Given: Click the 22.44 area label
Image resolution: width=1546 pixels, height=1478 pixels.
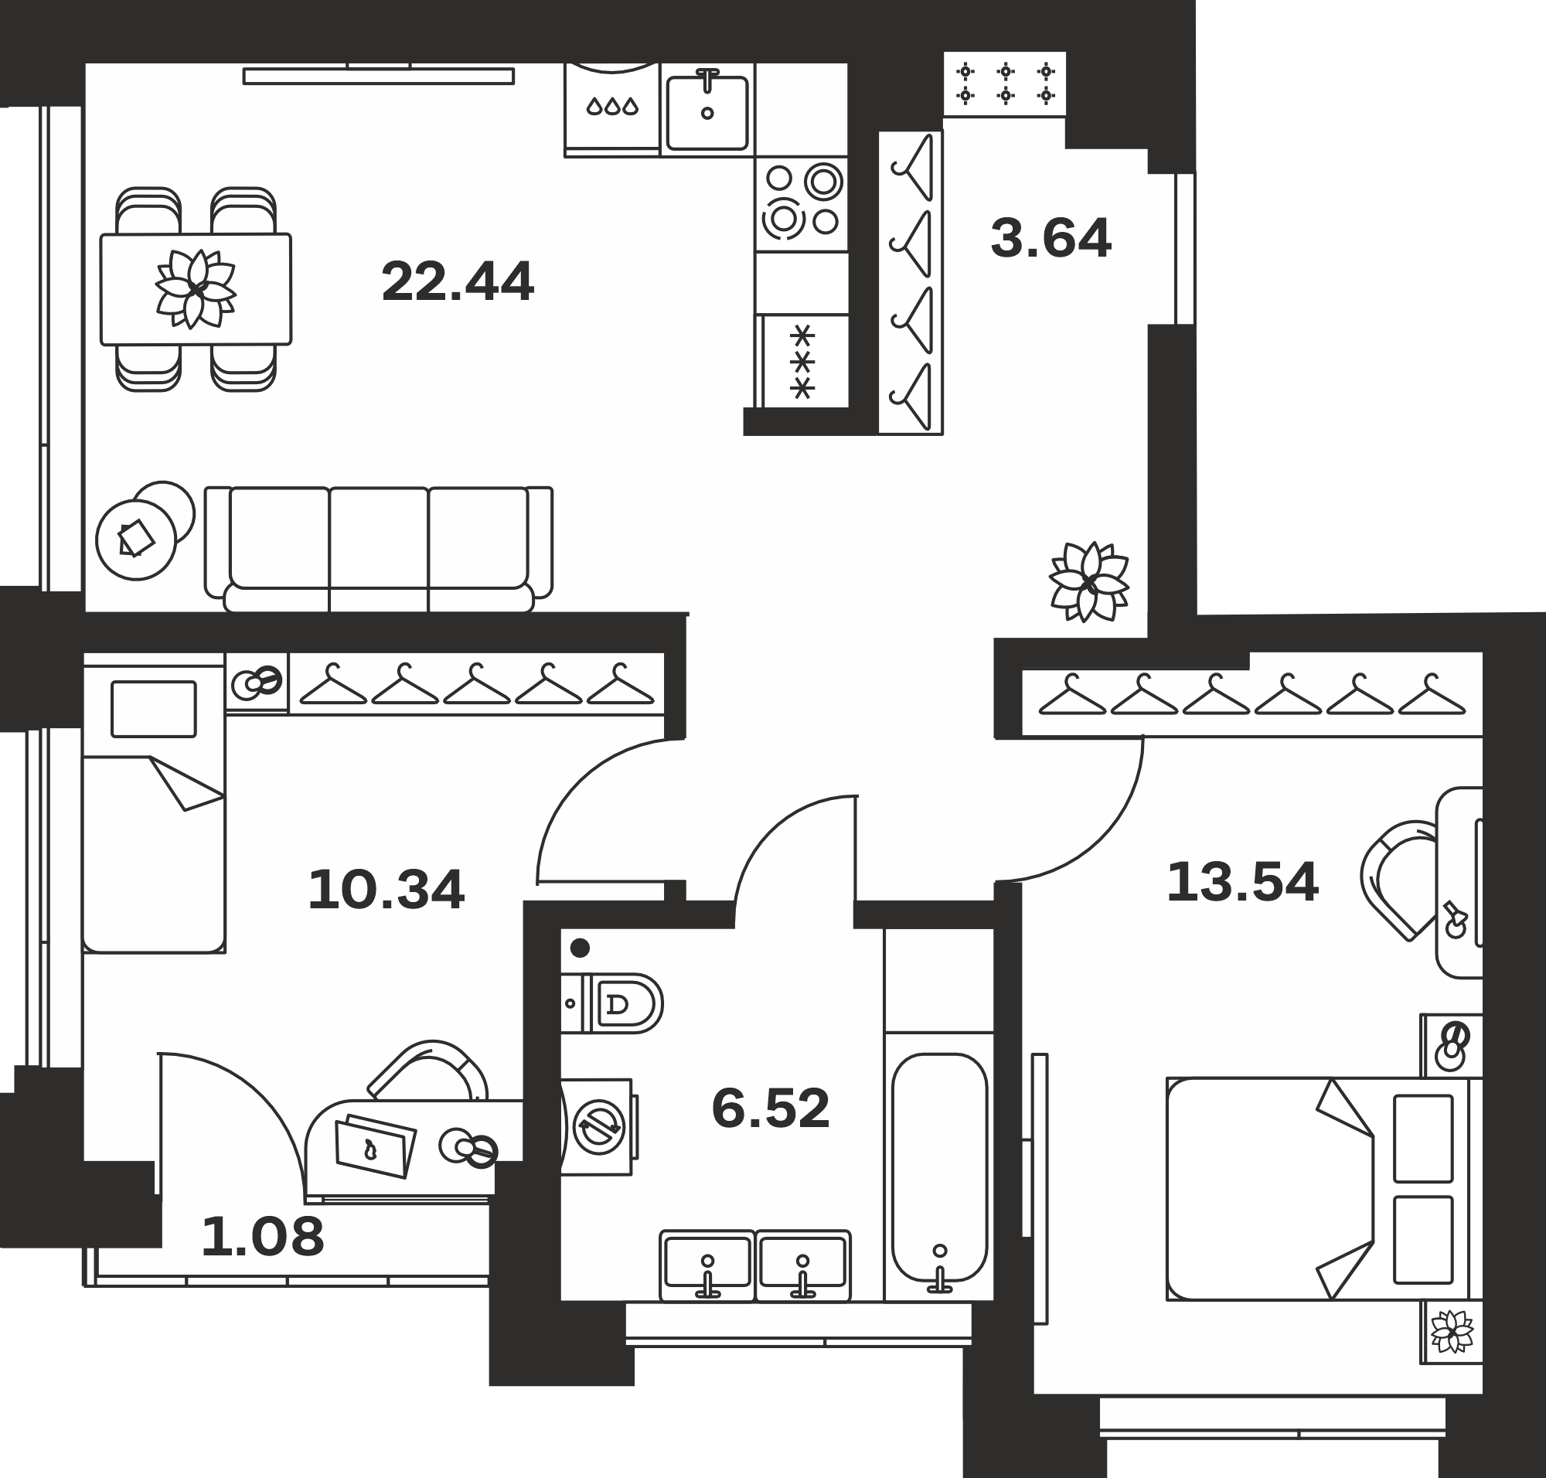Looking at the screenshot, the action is [x=458, y=282].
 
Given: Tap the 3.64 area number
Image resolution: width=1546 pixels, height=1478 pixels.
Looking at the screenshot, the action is [x=1051, y=239].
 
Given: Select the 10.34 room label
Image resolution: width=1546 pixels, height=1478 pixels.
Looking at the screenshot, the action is [x=386, y=891].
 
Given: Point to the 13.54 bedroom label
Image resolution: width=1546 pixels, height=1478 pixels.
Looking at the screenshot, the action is [x=1243, y=882].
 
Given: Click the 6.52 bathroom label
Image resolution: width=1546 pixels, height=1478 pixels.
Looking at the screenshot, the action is [x=771, y=1108].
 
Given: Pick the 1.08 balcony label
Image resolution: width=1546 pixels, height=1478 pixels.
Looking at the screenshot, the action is [x=262, y=1236].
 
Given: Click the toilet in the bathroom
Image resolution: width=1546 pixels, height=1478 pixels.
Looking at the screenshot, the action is [x=611, y=1003].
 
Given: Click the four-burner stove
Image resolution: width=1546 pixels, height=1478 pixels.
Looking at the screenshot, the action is [x=802, y=203].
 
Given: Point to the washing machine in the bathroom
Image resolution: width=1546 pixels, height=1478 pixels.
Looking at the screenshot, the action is [x=598, y=1126].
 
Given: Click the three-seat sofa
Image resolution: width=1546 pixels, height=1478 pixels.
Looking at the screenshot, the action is [x=379, y=549].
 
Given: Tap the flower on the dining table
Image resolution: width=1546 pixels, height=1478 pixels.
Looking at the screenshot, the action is [x=196, y=289].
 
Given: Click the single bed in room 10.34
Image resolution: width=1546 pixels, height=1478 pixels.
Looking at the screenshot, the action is [x=155, y=810].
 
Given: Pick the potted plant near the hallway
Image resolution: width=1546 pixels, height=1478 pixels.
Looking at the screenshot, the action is [x=1089, y=581].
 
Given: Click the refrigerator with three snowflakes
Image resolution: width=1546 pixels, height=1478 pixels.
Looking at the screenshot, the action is [x=802, y=362].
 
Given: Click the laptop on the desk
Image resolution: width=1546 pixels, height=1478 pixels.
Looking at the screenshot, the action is [x=375, y=1146].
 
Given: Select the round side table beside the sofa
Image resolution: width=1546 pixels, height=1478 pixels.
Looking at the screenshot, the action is [x=135, y=540].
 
